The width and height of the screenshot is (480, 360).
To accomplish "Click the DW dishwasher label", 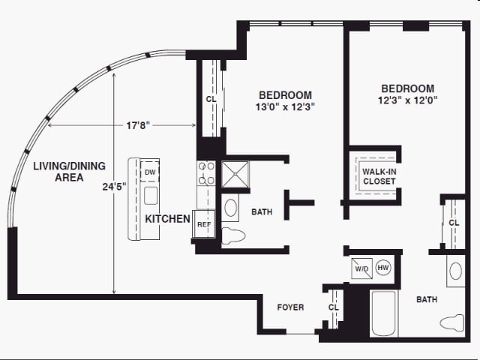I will coord(150,172).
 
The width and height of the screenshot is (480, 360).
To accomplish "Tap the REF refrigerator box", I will coord(203,224).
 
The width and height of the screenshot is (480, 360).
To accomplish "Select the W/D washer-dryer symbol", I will coord(361,268).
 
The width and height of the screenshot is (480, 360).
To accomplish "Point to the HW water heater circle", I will coord(383,268).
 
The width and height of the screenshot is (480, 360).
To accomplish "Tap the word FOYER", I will coord(290,307).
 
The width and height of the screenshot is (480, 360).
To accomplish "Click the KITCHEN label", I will coord(167,219).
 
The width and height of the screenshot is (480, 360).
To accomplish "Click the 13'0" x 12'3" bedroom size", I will coord(285,106).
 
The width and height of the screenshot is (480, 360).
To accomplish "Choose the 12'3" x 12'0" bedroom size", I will coord(408,99).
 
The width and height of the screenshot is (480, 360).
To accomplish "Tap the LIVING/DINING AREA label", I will coord(69,172).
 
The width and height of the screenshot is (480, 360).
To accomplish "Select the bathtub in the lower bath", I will coord(383,313).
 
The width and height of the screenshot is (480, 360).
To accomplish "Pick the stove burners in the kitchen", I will coord(206,173).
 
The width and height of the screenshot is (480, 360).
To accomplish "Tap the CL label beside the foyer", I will coord(334,307).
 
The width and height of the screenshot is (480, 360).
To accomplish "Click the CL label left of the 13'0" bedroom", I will coord(211,100).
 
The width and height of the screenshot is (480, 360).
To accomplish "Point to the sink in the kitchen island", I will coord(151,197).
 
